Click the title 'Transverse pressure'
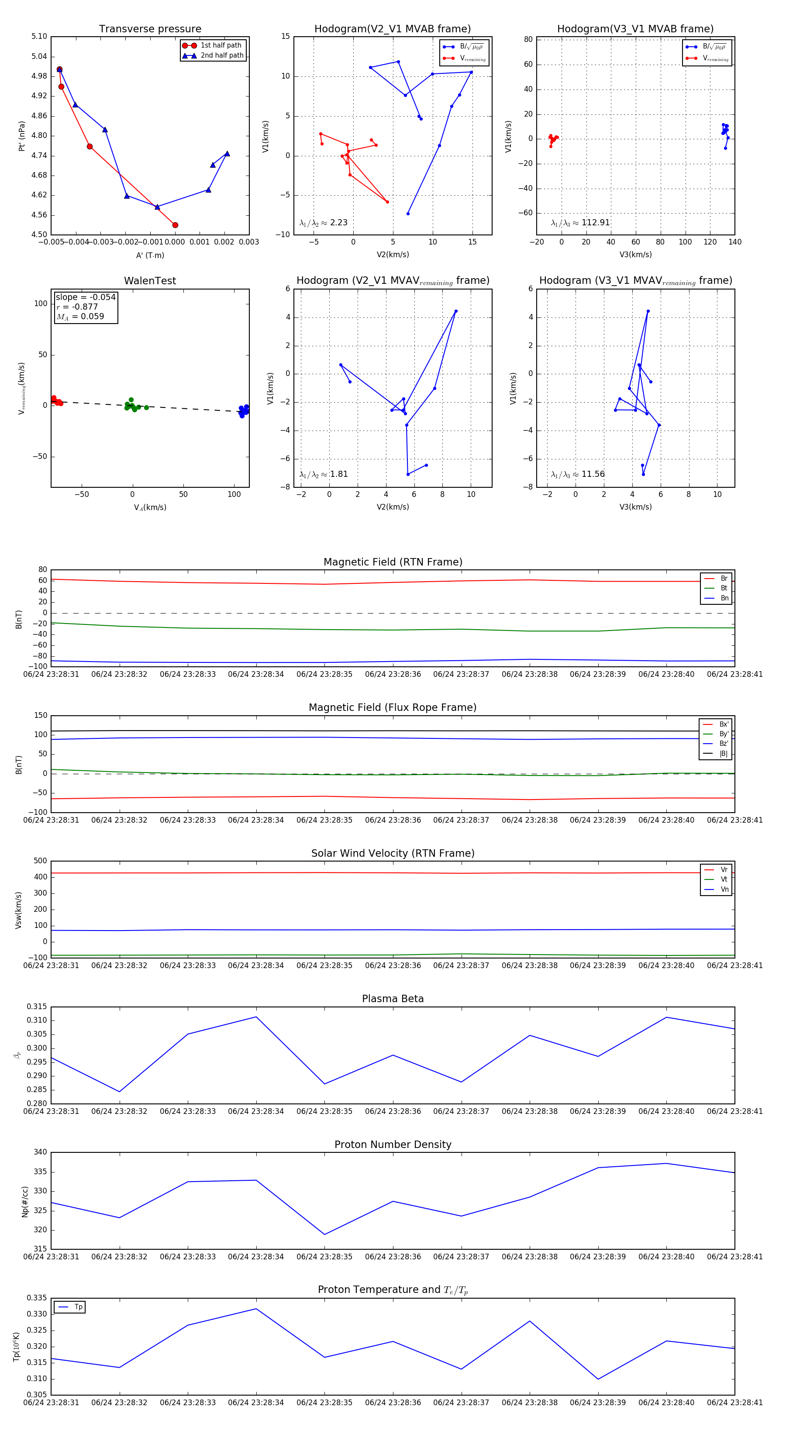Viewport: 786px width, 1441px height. pyautogui.click(x=150, y=29)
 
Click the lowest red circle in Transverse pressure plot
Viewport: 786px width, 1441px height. pyautogui.click(x=175, y=225)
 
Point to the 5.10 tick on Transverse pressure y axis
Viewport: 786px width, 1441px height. pyautogui.click(x=39, y=36)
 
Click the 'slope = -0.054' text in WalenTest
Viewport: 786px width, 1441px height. pyautogui.click(x=86, y=297)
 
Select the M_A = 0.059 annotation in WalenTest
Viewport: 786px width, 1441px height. pyautogui.click(x=80, y=317)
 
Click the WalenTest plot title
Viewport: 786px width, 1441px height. pyautogui.click(x=150, y=281)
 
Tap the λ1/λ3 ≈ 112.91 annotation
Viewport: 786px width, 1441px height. pyautogui.click(x=580, y=223)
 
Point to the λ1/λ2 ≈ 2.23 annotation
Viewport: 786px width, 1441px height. pyautogui.click(x=323, y=223)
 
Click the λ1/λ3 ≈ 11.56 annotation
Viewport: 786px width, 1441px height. pyautogui.click(x=577, y=474)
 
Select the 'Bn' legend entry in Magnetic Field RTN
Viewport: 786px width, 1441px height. pyautogui.click(x=724, y=598)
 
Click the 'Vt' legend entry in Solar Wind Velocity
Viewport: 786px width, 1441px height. pyautogui.click(x=724, y=879)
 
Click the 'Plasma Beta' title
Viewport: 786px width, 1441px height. pyautogui.click(x=393, y=999)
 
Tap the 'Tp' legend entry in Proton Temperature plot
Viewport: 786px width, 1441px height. pyautogui.click(x=78, y=1307)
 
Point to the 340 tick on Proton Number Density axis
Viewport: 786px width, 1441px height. pyautogui.click(x=40, y=1152)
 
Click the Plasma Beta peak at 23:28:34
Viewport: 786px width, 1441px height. pyautogui.click(x=256, y=1017)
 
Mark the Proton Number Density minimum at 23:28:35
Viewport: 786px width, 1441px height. pyautogui.click(x=324, y=1234)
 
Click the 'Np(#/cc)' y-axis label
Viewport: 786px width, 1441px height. pyautogui.click(x=24, y=1202)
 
